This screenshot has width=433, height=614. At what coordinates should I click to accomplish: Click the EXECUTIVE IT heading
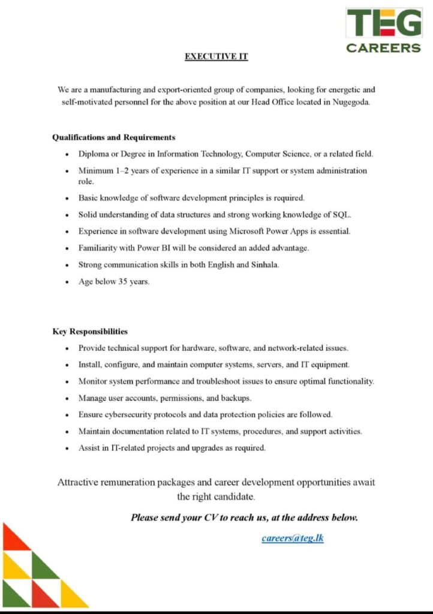(x=216, y=57)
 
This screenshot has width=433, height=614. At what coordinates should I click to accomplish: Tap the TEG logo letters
(x=383, y=23)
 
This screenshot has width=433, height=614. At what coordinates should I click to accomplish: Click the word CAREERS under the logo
(x=383, y=48)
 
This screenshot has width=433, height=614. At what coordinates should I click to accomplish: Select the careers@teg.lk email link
(x=293, y=538)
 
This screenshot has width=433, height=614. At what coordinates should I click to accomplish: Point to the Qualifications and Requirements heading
(x=114, y=137)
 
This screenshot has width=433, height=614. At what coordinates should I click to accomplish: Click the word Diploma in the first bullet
(x=94, y=154)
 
